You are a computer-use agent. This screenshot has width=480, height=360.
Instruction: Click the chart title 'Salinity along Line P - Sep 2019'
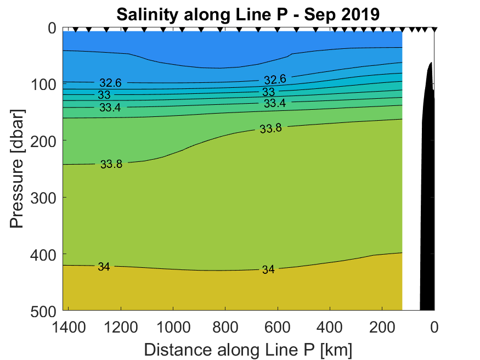click(x=248, y=14)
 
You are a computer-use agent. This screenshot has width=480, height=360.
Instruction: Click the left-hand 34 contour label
click(x=104, y=267)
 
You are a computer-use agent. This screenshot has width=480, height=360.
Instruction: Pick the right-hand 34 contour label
click(x=268, y=269)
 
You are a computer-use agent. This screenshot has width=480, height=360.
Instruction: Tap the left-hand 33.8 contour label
click(x=111, y=164)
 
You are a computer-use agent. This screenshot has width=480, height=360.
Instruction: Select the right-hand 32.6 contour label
click(x=275, y=80)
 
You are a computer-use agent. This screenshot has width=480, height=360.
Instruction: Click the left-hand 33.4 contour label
click(x=110, y=108)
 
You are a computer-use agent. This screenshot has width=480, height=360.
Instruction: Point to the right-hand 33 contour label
click(x=268, y=92)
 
